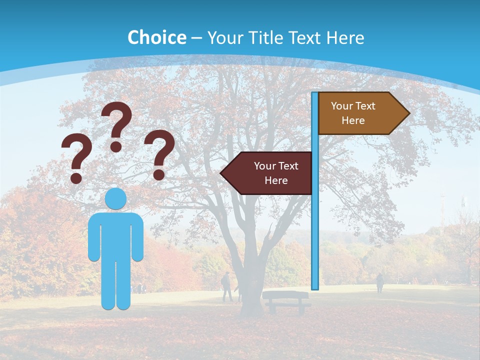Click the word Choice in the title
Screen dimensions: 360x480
pos(156,37)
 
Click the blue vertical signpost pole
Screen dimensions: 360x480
pos(315,210)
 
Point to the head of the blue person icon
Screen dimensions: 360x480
pos(116,198)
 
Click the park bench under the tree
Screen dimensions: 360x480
pos(285,300)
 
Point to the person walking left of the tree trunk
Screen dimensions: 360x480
pos(227,286)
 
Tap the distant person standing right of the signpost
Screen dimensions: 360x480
pos(379,283)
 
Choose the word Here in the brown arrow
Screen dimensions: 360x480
pos(353,120)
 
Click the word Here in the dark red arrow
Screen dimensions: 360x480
pos(276,180)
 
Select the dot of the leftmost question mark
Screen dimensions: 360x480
pos(76,178)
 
